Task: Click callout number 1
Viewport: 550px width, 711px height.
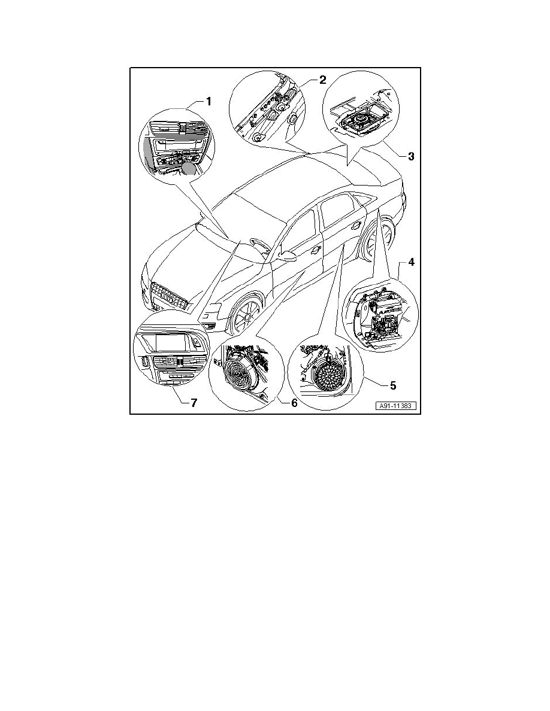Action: tap(208, 102)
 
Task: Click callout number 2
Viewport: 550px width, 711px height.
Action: tap(322, 80)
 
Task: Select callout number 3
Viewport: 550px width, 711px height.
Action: tap(411, 157)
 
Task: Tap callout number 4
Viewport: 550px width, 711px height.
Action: tap(412, 262)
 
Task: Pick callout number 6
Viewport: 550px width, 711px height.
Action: tap(294, 403)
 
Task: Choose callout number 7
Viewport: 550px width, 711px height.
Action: tap(194, 403)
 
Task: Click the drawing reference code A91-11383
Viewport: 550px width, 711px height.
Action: tap(397, 405)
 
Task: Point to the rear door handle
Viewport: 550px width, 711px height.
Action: tap(358, 225)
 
